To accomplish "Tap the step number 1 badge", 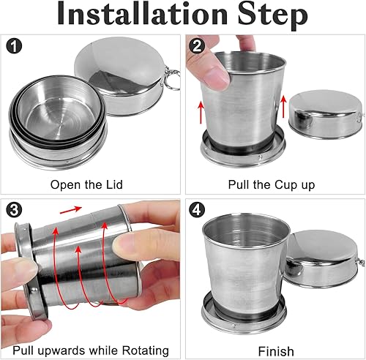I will [x=15, y=45].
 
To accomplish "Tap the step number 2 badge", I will [x=197, y=45].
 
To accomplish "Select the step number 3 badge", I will [x=15, y=209].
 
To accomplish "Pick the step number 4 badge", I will [x=197, y=209].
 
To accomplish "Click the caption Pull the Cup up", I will [x=272, y=185].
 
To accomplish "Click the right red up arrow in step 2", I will [x=283, y=106].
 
